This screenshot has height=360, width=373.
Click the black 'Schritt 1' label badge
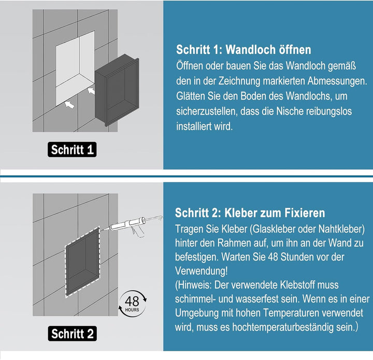[72, 150]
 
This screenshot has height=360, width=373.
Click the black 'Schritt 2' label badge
[73, 334]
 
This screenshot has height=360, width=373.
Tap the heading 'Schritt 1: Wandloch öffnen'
[243, 50]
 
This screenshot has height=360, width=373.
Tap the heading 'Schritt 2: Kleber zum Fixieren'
[250, 213]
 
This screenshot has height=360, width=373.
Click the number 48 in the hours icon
[132, 301]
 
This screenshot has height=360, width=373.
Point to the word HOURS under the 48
[132, 310]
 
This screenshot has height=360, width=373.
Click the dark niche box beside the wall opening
[117, 90]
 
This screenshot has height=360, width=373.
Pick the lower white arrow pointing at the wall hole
[69, 104]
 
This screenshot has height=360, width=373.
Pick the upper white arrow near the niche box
[91, 91]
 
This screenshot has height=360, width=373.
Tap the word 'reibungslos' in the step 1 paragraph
[328, 111]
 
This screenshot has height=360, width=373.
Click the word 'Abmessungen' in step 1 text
[337, 81]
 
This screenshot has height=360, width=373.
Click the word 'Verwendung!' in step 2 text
[201, 271]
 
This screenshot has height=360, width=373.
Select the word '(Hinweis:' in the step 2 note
[193, 285]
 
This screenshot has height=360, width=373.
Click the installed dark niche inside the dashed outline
[82, 262]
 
